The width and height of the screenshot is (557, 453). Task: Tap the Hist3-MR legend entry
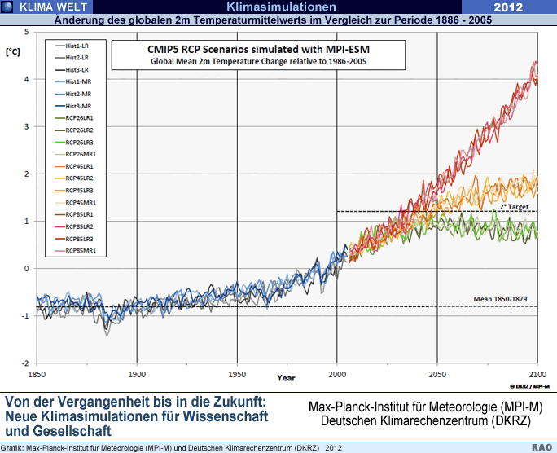click(x=79, y=107)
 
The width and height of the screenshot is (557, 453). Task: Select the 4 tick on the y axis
click(x=27, y=79)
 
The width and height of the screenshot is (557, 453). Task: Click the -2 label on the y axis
click(x=25, y=363)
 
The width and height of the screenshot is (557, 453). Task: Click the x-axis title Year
click(x=286, y=378)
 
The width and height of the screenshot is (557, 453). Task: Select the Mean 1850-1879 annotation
click(x=504, y=300)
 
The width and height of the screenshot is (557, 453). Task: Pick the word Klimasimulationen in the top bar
click(x=281, y=7)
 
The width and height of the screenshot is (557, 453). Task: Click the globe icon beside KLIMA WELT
click(x=7, y=7)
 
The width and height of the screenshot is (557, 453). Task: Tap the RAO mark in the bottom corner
click(x=542, y=446)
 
